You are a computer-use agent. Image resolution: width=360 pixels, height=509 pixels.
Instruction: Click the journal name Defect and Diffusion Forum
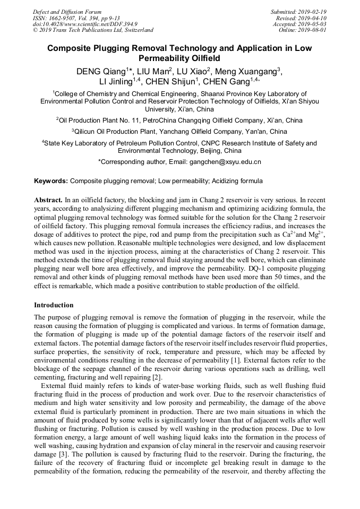(x=67, y=12)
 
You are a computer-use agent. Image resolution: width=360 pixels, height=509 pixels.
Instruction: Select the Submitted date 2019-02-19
(x=312, y=12)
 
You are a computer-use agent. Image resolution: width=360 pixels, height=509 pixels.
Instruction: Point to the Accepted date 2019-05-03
(x=312, y=24)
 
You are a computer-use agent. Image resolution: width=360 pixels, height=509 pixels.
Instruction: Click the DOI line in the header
(x=85, y=24)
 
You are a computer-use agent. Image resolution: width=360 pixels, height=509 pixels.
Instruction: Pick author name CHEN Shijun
(x=169, y=82)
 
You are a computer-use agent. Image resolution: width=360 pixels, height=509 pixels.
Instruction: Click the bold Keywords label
(x=51, y=181)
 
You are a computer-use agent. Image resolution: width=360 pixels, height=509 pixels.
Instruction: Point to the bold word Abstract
(x=48, y=201)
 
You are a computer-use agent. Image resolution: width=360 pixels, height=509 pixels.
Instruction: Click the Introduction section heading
(x=54, y=305)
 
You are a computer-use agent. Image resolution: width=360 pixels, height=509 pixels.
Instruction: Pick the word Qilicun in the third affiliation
(x=89, y=132)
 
